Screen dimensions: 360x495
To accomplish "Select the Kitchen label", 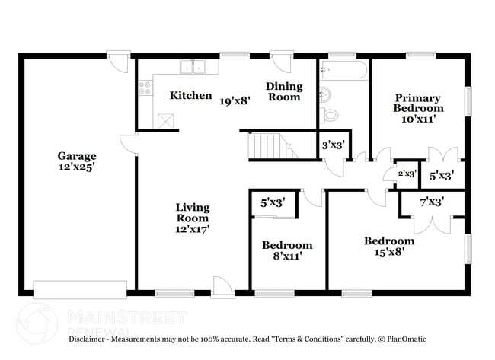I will (x=190, y=95).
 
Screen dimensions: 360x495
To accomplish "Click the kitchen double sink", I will (x=192, y=68).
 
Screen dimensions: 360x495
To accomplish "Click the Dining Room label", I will (x=283, y=91).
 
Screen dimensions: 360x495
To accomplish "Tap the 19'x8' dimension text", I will (x=236, y=100).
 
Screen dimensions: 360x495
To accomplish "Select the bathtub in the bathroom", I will (x=344, y=71).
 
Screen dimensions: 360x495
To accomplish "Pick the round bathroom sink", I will (x=325, y=95).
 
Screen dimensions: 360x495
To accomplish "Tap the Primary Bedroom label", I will (x=418, y=103).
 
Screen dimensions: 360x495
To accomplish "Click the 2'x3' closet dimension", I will (x=407, y=174).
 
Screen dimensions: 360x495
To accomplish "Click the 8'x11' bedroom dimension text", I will (x=287, y=256).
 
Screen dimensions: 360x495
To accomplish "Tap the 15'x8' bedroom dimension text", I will (x=388, y=252).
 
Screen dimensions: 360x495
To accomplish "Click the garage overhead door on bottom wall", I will (x=80, y=289).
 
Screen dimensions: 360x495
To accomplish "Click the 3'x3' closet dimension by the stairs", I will (x=333, y=145).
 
